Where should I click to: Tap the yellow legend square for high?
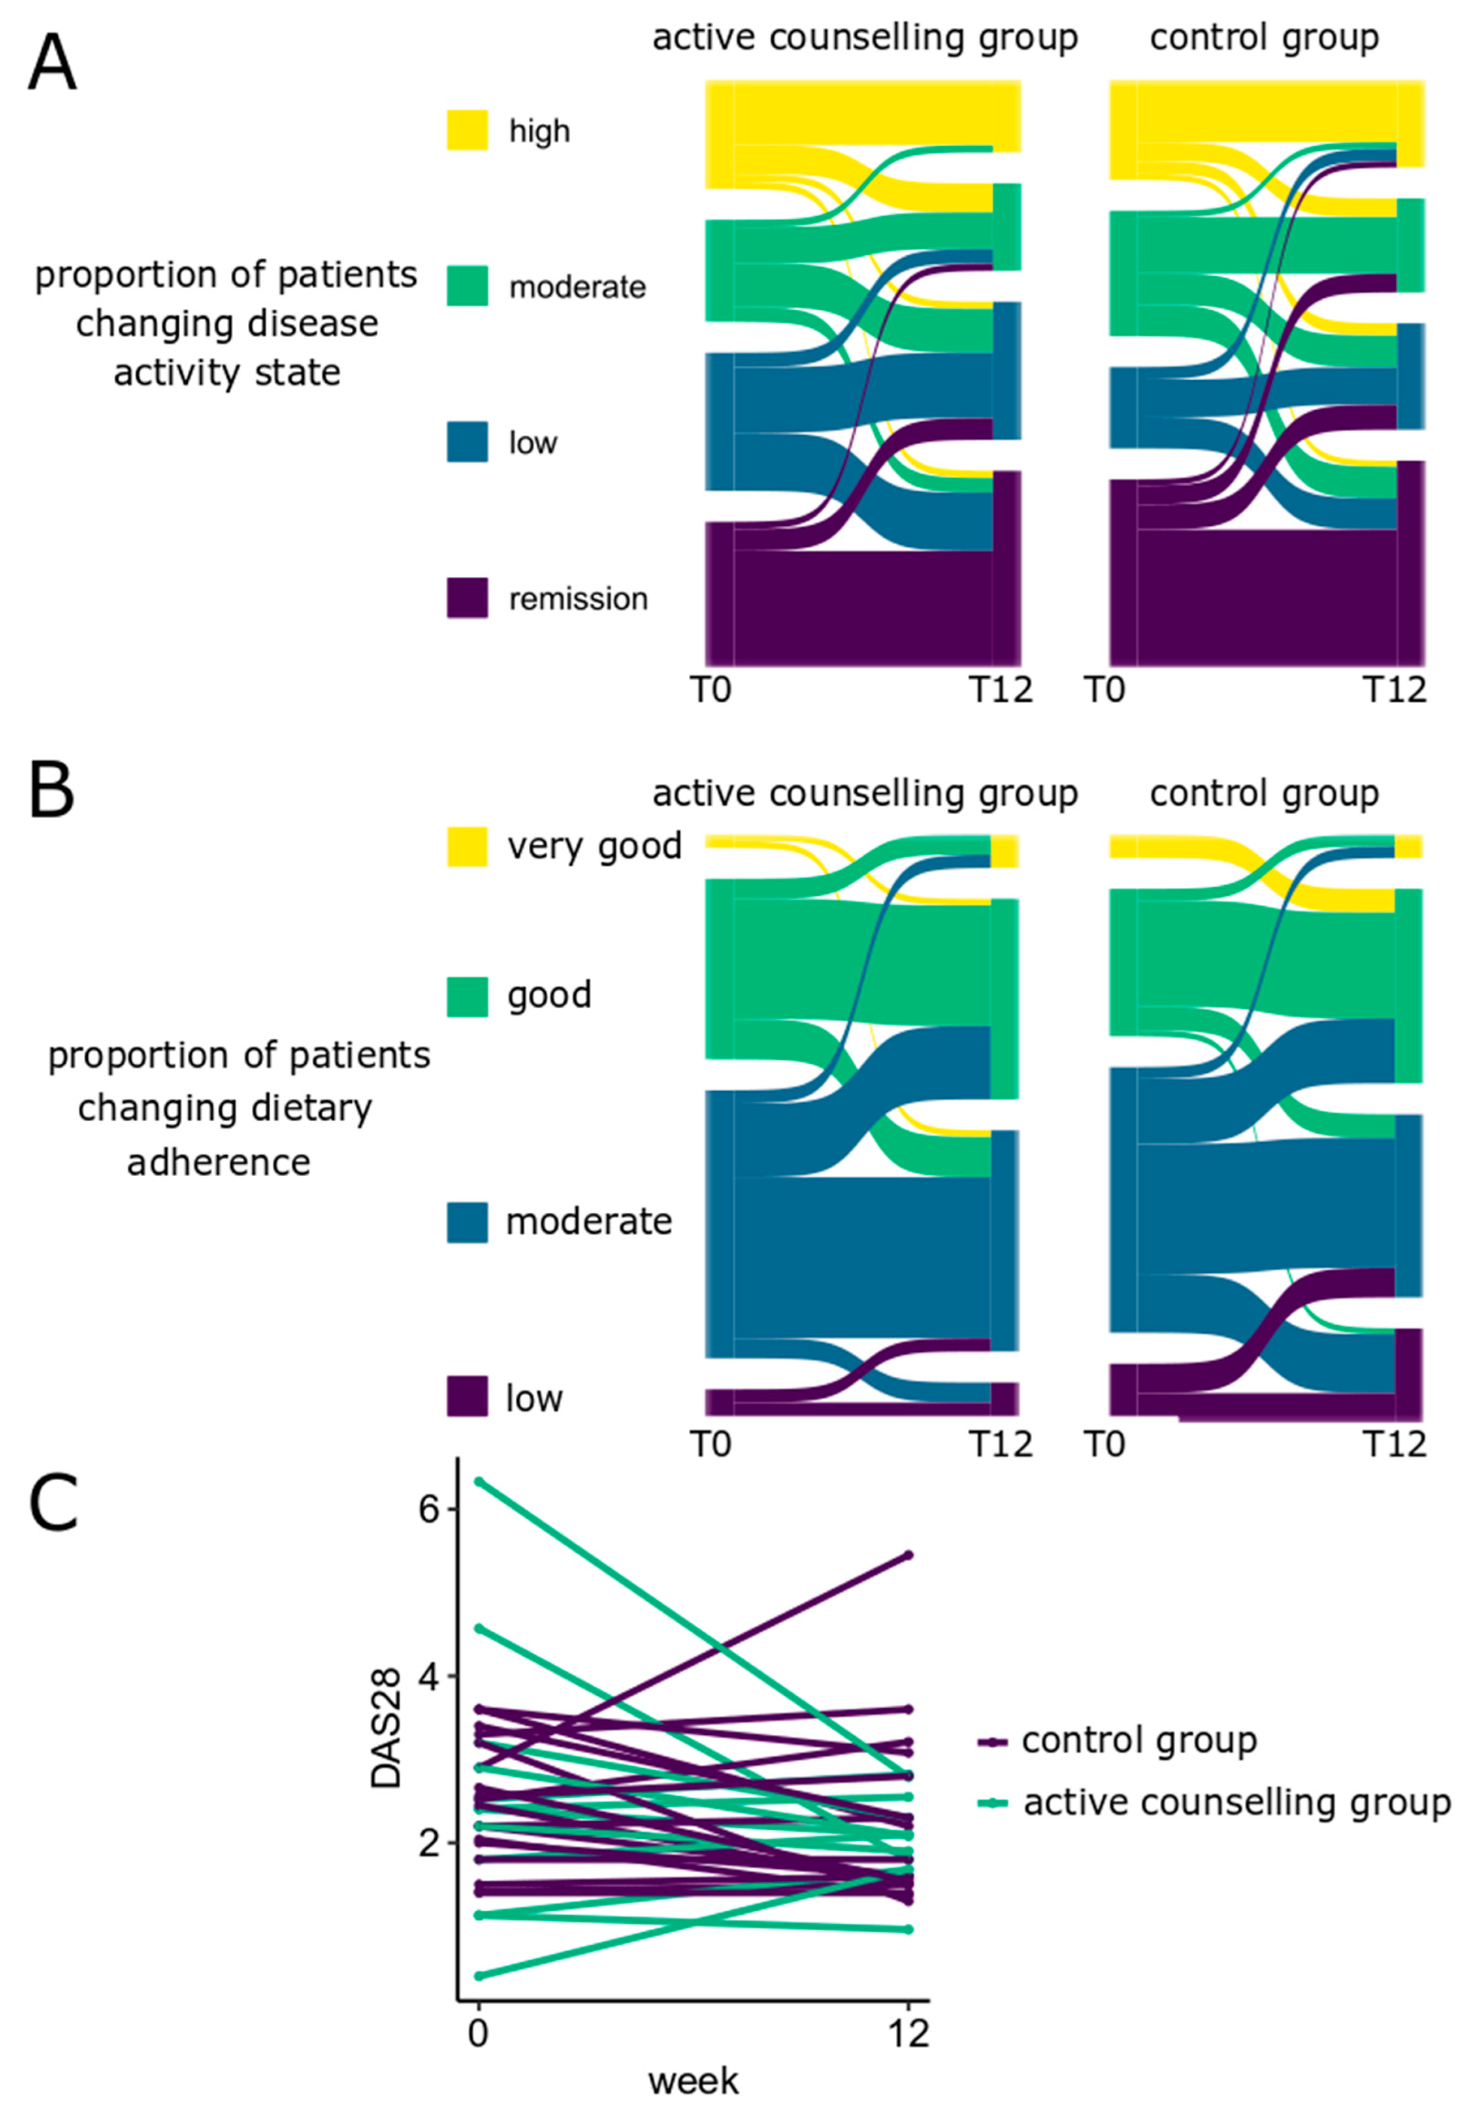click(x=467, y=130)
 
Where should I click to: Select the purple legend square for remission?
click(x=467, y=597)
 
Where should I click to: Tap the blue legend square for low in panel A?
click(x=467, y=441)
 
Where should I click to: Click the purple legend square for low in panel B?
click(x=467, y=1397)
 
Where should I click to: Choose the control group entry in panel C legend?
click(x=1139, y=1740)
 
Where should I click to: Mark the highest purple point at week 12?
click(x=908, y=1555)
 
